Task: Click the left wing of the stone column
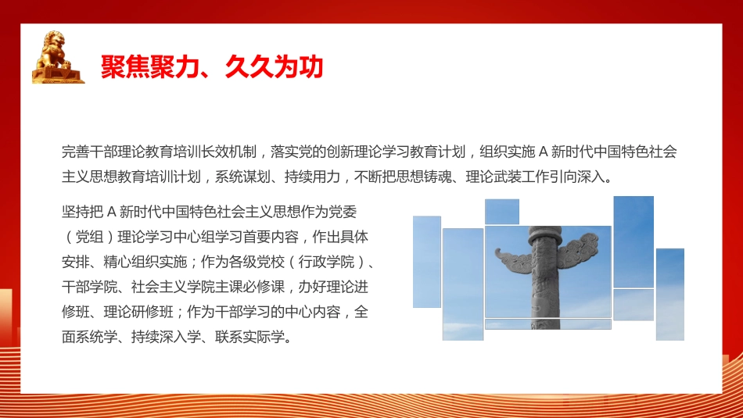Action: (x=512, y=255)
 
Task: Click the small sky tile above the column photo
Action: (x=502, y=212)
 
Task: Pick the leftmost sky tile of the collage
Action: (x=427, y=262)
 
